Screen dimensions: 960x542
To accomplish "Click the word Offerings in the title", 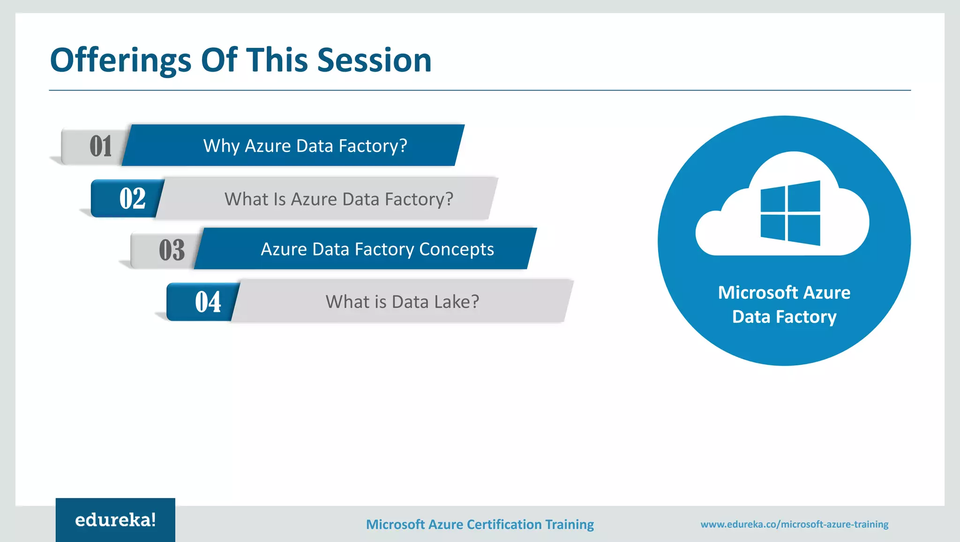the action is (120, 61).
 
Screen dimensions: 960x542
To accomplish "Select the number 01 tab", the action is (100, 146).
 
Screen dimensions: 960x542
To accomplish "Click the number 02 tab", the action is (132, 199).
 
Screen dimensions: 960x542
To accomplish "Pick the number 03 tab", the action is (172, 250).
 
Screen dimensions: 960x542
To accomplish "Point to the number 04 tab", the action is (208, 302).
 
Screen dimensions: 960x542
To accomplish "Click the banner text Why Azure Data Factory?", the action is (305, 146).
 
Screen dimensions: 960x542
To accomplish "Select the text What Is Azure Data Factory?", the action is (338, 200).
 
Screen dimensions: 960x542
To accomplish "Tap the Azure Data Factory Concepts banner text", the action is (377, 250).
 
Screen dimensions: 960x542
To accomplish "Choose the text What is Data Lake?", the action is (402, 302).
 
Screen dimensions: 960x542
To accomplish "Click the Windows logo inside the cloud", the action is (790, 213).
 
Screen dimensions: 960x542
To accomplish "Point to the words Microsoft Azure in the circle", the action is (784, 293).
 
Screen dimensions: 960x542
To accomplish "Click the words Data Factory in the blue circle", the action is (784, 317).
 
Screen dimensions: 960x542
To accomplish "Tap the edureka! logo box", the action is (115, 520).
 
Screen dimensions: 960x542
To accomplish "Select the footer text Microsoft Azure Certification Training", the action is (480, 525).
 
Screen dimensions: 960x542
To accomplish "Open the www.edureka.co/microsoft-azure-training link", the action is (794, 525).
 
